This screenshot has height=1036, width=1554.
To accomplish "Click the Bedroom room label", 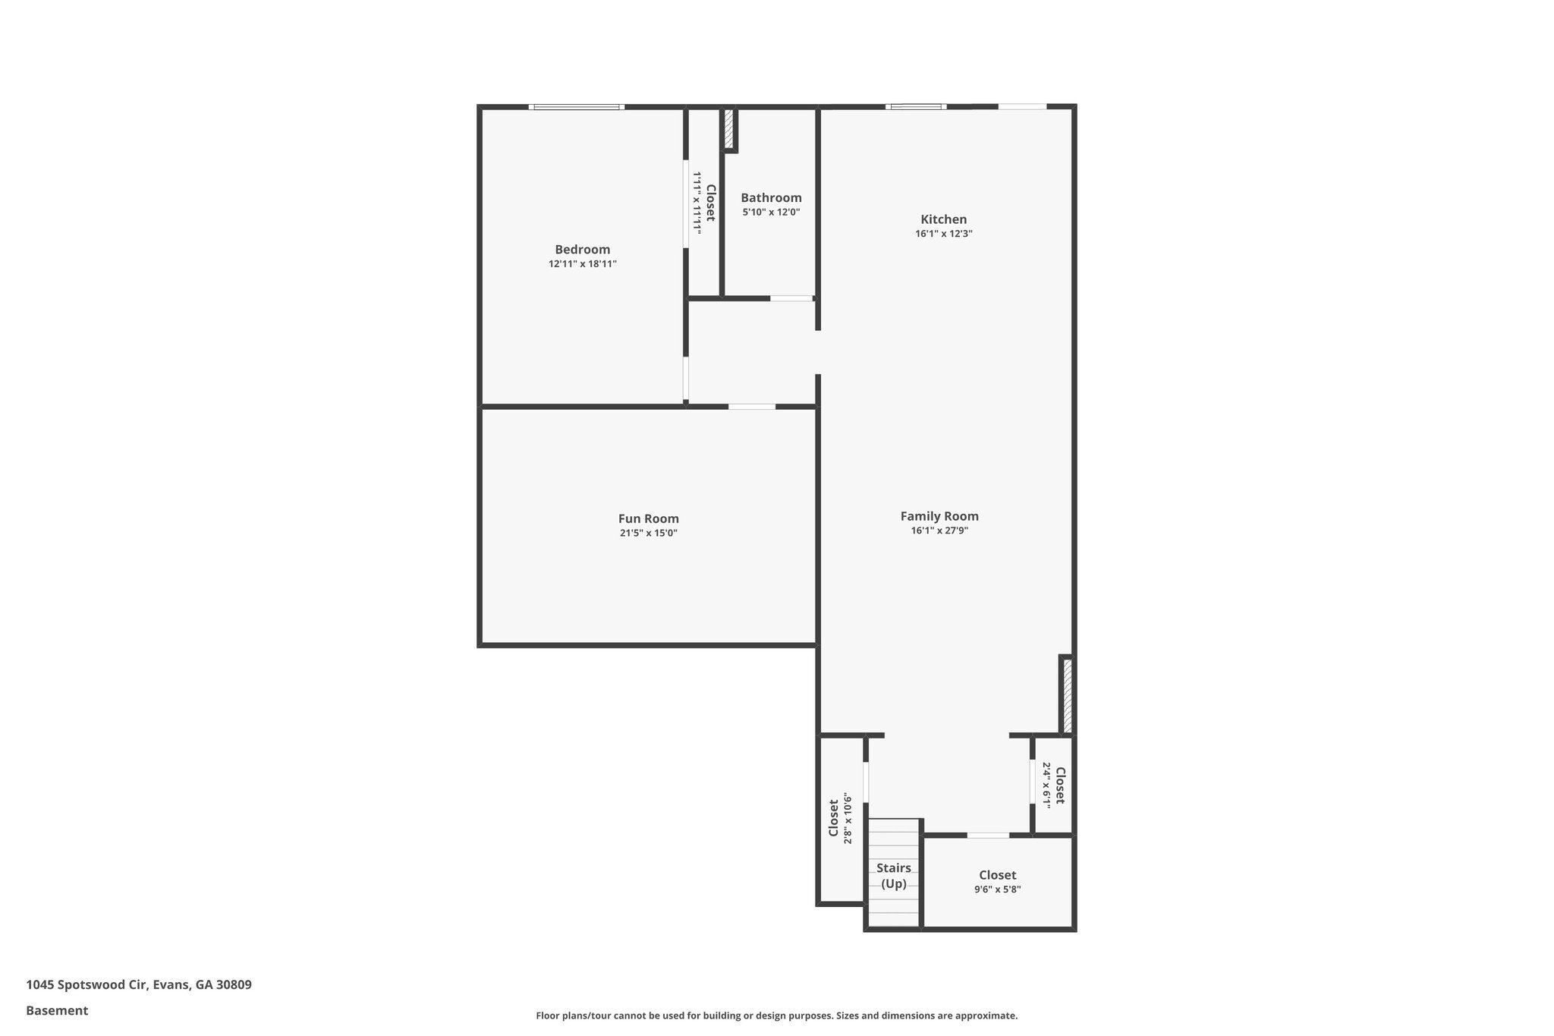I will pyautogui.click(x=582, y=250).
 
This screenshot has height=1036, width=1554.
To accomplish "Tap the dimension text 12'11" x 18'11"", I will pyautogui.click(x=582, y=264).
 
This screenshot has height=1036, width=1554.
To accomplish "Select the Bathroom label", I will pyautogui.click(x=771, y=198).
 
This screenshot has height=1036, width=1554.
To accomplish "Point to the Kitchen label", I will pyautogui.click(x=943, y=219).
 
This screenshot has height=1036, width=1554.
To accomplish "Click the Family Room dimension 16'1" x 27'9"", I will pyautogui.click(x=939, y=531).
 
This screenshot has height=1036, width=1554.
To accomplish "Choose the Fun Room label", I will pyautogui.click(x=648, y=519).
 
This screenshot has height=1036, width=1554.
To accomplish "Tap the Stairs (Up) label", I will pyautogui.click(x=893, y=876).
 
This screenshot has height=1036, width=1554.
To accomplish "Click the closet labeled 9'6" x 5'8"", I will pyautogui.click(x=997, y=882).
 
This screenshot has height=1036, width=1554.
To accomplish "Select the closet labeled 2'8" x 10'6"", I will pyautogui.click(x=840, y=820).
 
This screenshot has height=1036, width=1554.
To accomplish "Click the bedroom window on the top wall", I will pyautogui.click(x=577, y=107).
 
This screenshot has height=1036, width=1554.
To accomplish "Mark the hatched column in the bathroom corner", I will pyautogui.click(x=728, y=130).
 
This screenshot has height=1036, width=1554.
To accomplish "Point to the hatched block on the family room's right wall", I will pyautogui.click(x=1067, y=695).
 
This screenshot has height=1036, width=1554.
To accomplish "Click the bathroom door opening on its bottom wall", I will pyautogui.click(x=791, y=298).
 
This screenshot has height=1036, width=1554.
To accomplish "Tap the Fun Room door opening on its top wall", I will pyautogui.click(x=752, y=407).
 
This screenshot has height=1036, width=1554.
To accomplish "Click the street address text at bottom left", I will pyautogui.click(x=139, y=984).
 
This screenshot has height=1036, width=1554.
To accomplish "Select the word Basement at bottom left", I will pyautogui.click(x=57, y=1010).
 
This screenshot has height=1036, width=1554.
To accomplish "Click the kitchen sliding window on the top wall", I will pyautogui.click(x=917, y=107).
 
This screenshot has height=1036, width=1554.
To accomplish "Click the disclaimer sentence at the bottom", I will pyautogui.click(x=776, y=1016).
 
